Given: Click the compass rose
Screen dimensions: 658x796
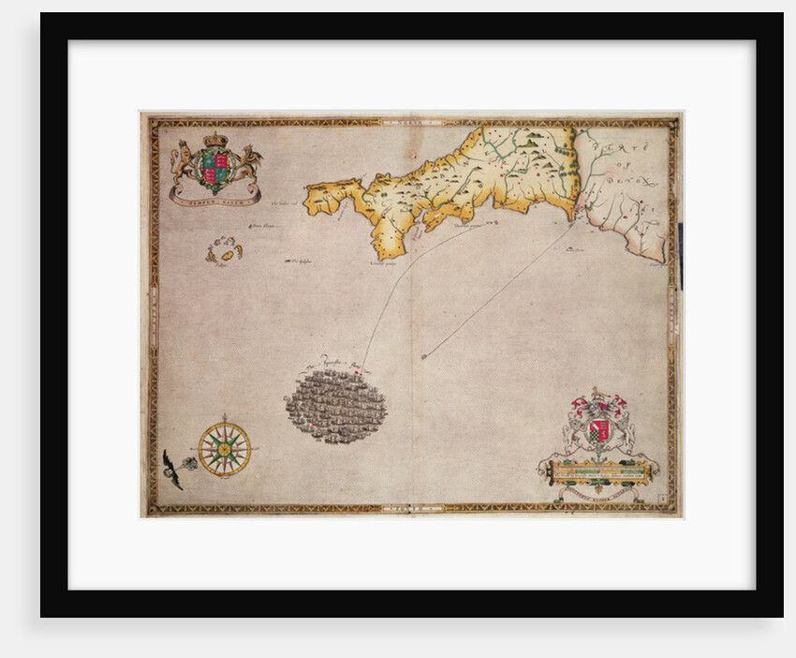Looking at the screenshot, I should [x=224, y=448].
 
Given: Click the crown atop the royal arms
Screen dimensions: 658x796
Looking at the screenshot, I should [x=216, y=141].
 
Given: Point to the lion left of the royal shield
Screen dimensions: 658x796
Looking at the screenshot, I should [x=185, y=163].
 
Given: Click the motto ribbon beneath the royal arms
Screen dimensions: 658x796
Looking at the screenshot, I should [x=215, y=196].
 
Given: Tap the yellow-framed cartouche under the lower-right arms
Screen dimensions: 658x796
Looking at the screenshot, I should [x=598, y=470].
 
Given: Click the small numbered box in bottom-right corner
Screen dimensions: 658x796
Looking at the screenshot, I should [x=662, y=501].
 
